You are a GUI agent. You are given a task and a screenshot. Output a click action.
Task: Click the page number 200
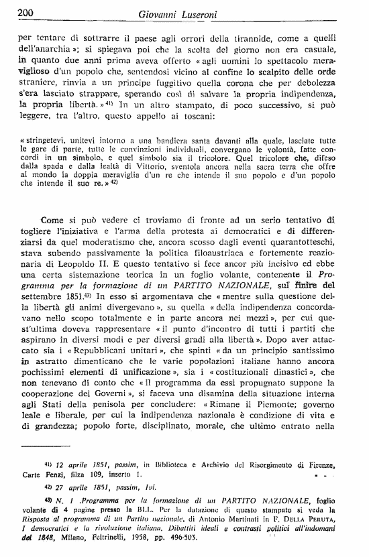point(25,12)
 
